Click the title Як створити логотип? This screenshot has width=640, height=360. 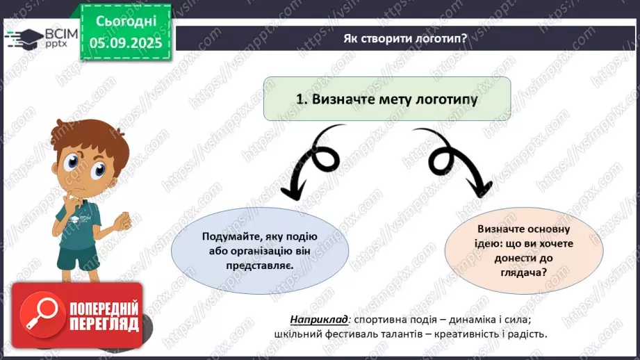pyautogui.click(x=404, y=38)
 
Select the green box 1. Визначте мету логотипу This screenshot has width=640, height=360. pyautogui.click(x=387, y=99)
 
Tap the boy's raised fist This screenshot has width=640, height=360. pyautogui.click(x=123, y=220)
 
